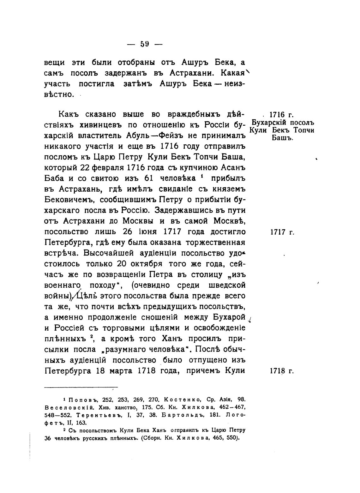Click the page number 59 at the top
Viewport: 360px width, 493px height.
tap(145, 44)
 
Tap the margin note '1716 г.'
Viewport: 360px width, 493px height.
tap(281, 114)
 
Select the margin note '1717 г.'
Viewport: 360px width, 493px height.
tap(282, 232)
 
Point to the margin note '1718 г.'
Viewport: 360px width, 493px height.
tap(282, 371)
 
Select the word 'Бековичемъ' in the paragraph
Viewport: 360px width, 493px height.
tap(70, 200)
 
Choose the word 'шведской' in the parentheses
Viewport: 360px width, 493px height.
tap(227, 285)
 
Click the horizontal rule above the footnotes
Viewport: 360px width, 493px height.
tap(81, 387)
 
